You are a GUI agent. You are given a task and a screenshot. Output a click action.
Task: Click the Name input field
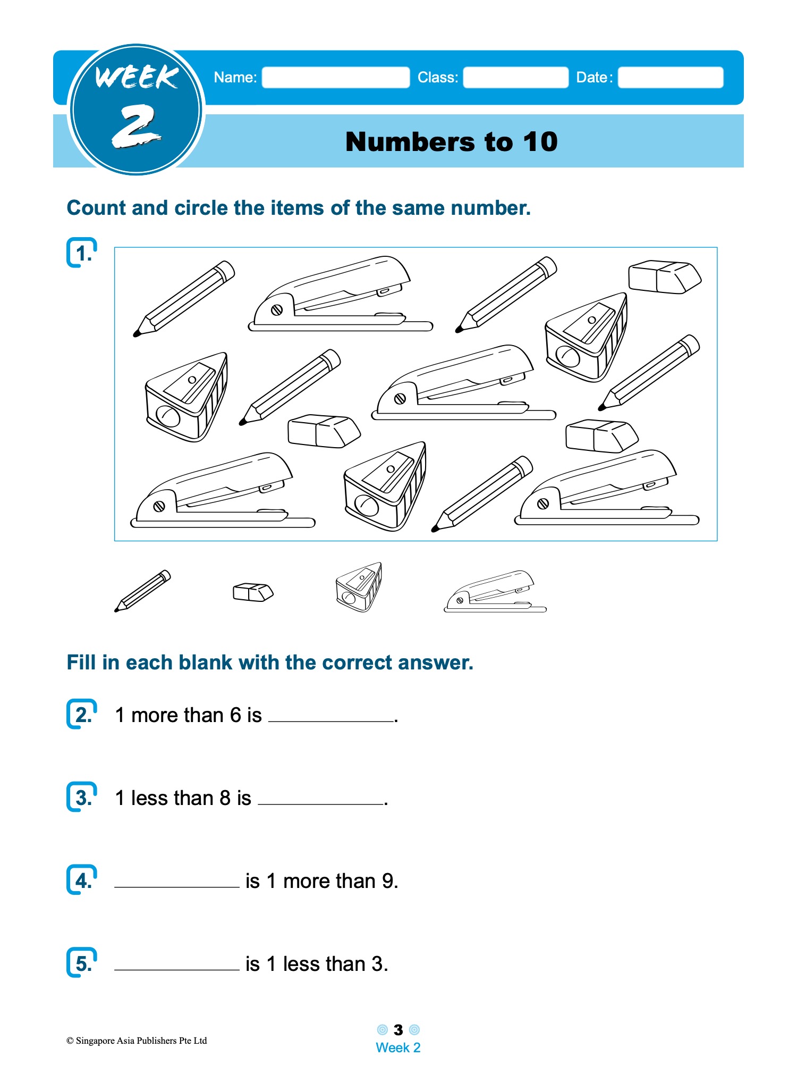click(x=336, y=78)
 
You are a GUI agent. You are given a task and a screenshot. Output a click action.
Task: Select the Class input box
click(x=515, y=78)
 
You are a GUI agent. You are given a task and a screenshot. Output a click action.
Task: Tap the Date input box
click(x=671, y=78)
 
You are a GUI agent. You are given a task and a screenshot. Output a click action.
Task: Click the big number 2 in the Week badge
click(x=135, y=126)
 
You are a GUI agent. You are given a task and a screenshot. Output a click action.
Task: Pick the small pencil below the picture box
click(x=143, y=591)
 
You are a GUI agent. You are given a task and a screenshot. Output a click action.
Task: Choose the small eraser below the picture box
click(x=253, y=592)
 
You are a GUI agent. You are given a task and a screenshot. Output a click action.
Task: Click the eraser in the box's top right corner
click(x=664, y=276)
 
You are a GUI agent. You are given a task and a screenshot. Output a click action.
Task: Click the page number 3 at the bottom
click(x=398, y=1030)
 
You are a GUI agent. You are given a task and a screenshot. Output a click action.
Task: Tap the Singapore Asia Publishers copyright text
click(x=137, y=1041)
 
